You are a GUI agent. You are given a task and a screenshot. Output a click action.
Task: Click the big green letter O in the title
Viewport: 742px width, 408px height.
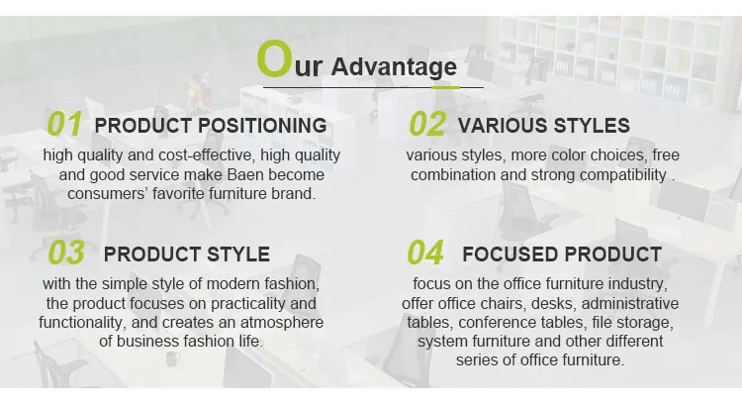point(273,58)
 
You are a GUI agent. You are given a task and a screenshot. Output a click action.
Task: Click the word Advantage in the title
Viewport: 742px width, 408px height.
point(394,66)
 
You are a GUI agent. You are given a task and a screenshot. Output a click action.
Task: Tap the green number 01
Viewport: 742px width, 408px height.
point(64,124)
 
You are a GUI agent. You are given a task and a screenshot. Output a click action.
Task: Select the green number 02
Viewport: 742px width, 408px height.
point(427,124)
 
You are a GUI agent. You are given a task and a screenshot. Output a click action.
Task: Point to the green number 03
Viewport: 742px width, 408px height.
point(66,253)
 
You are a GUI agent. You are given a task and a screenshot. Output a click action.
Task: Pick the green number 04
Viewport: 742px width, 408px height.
point(425,253)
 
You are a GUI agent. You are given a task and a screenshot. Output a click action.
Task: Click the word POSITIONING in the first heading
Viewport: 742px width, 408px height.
point(262,126)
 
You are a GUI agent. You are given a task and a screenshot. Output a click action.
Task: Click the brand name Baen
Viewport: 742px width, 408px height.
point(245,174)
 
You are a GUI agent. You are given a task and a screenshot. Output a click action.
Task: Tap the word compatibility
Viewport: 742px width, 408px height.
point(622,175)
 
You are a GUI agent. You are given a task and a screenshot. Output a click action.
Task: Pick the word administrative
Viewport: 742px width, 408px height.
point(630,303)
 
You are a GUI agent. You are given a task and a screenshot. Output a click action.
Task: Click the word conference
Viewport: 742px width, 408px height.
point(498,322)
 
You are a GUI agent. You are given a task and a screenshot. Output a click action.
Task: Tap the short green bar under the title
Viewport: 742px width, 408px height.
point(445,87)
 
